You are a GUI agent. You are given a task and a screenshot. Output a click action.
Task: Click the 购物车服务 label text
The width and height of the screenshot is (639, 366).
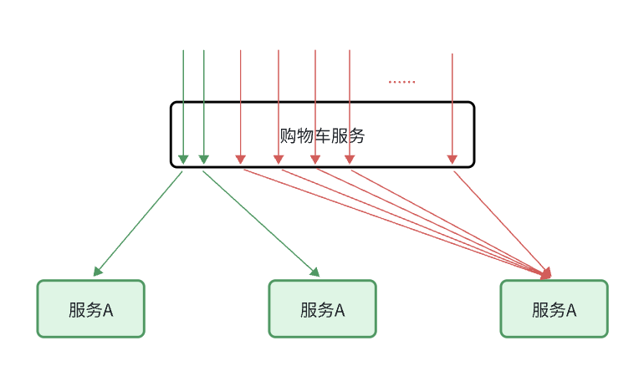(x=322, y=135)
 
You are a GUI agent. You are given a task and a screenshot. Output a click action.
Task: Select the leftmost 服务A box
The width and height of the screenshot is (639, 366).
(x=90, y=309)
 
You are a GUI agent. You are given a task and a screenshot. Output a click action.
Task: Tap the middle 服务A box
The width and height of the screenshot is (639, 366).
(x=322, y=309)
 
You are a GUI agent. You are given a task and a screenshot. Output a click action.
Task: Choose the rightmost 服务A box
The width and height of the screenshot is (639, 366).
(x=554, y=309)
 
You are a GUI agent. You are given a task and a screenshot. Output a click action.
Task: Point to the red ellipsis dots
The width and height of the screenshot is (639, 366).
(x=401, y=82)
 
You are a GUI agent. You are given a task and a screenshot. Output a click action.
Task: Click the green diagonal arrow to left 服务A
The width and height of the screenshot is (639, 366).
(x=138, y=223)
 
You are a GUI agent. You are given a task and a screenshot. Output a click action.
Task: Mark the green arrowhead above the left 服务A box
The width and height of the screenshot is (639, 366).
(x=98, y=271)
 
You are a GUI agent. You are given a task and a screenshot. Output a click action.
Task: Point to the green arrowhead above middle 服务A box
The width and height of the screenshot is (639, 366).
(x=315, y=272)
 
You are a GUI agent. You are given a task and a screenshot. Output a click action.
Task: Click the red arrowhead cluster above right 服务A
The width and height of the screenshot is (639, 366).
(x=547, y=272)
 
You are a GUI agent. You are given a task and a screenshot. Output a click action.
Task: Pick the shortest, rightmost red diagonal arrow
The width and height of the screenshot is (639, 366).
(x=500, y=221)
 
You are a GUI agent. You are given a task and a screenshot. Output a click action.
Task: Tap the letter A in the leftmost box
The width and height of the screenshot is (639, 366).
(x=108, y=310)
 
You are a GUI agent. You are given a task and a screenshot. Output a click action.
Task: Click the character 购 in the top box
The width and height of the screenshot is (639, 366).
(x=288, y=135)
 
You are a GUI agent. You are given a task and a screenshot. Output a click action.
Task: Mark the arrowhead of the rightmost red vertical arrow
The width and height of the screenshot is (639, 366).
(x=452, y=159)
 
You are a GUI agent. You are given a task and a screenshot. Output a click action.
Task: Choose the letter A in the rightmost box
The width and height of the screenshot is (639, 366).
(x=571, y=310)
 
